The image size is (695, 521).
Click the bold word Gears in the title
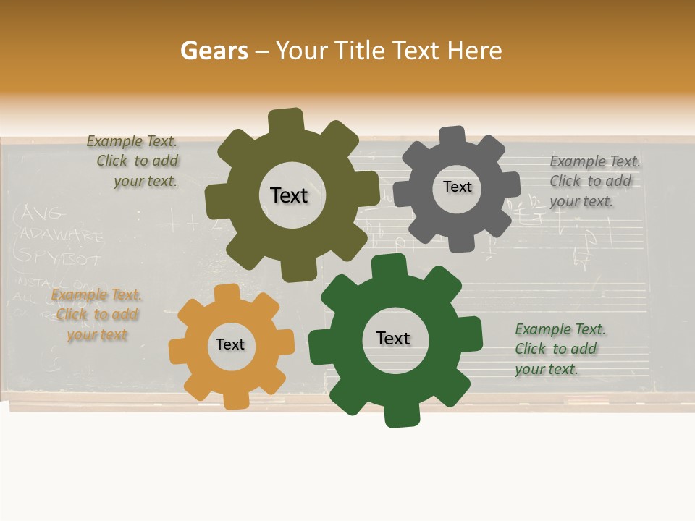coord(214,51)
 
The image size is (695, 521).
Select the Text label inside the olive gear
coord(289,195)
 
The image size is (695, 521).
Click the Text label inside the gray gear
coord(457,187)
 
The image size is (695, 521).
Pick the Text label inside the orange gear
coord(230,344)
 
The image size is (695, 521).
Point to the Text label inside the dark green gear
coord(393,338)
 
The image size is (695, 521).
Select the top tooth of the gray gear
coord(452,135)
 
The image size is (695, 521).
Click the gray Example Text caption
coord(594,181)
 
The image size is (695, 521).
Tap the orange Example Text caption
coord(96,315)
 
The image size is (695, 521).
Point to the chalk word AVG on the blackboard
coord(43,213)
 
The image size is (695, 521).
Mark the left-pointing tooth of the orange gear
coord(177,352)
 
